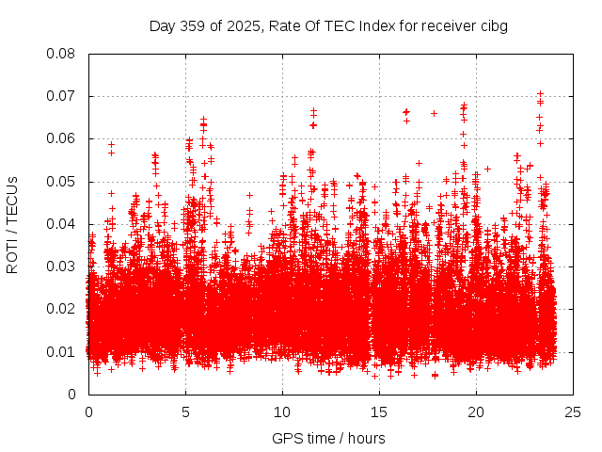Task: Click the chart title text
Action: (x=328, y=25)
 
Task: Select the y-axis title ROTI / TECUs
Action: (x=13, y=224)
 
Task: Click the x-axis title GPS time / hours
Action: (x=328, y=438)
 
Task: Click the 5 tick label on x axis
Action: (x=185, y=412)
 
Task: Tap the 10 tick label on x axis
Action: (x=282, y=412)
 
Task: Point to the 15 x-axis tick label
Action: (x=379, y=412)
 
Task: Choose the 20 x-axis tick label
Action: (x=476, y=412)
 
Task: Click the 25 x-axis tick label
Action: (x=573, y=412)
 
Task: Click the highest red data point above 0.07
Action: (x=540, y=93)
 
